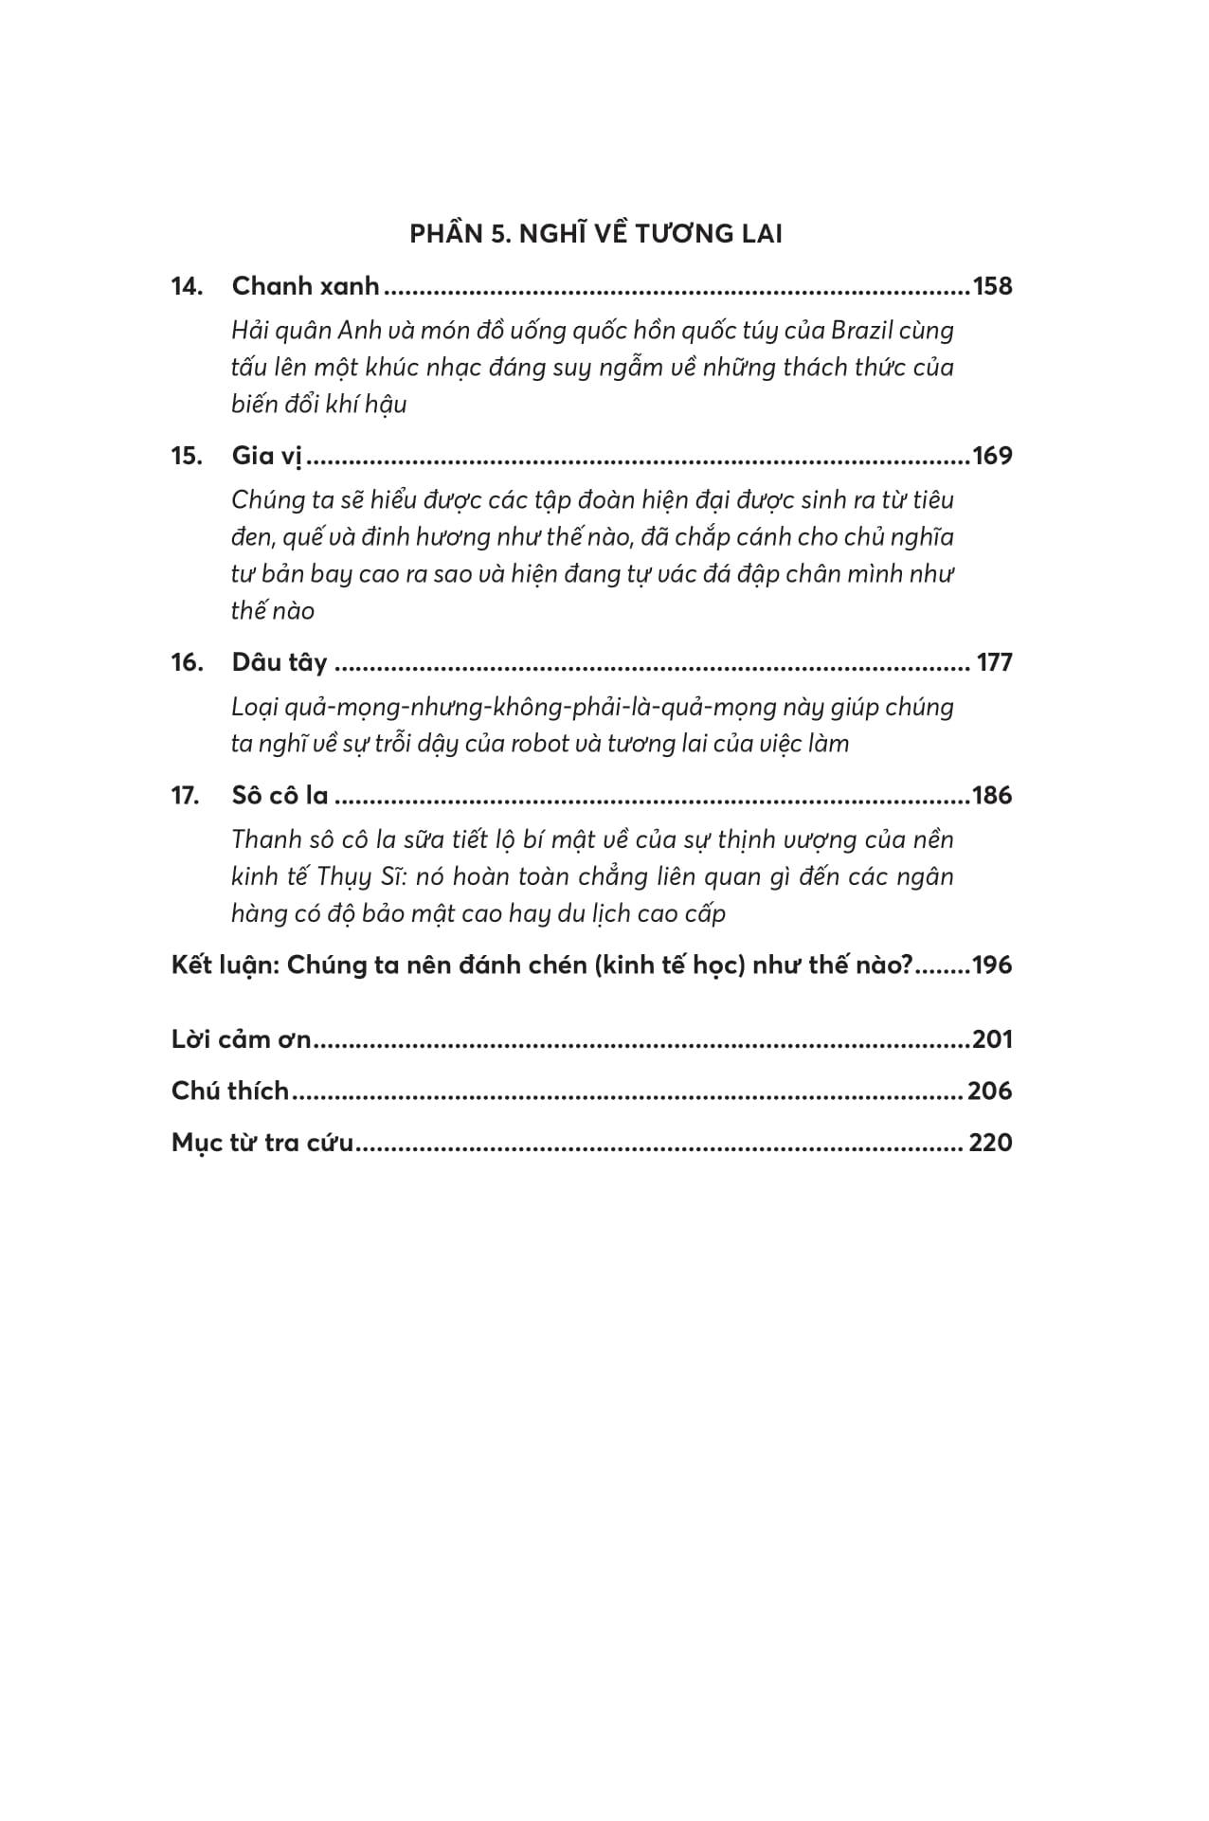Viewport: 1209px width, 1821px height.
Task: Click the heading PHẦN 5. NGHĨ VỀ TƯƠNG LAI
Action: pos(596,234)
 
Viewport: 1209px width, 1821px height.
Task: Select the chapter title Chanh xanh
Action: pos(305,286)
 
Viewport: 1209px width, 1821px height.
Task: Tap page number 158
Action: pos(992,286)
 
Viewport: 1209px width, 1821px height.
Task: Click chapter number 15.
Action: pos(187,456)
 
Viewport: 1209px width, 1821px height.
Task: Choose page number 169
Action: pos(992,456)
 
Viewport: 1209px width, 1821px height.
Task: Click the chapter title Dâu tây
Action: pos(280,662)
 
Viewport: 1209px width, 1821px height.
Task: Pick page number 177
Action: pos(994,662)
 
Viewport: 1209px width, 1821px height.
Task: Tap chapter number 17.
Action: pos(186,795)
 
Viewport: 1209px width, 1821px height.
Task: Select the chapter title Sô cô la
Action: pos(280,795)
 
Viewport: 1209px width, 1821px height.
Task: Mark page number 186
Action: pos(992,795)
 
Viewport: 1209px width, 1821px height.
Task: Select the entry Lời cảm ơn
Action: pos(242,1039)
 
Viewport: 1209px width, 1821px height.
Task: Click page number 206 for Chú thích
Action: pos(990,1091)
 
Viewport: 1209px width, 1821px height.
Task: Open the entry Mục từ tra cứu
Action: pos(262,1143)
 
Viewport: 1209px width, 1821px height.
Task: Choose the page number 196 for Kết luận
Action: pos(992,965)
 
